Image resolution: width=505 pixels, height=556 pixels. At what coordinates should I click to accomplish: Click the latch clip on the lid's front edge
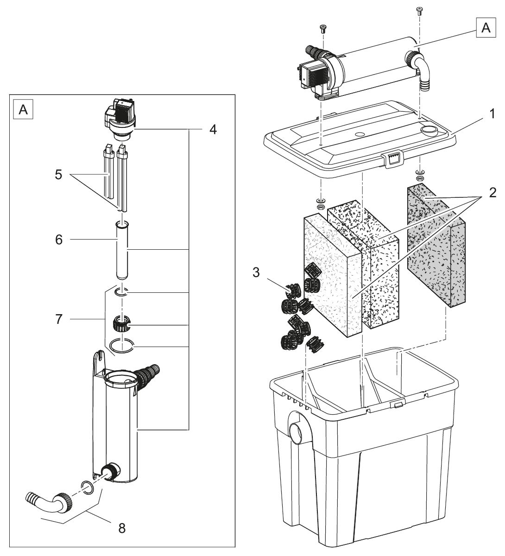click(392, 158)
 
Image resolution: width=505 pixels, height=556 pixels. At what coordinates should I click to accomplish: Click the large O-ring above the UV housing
click(121, 345)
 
